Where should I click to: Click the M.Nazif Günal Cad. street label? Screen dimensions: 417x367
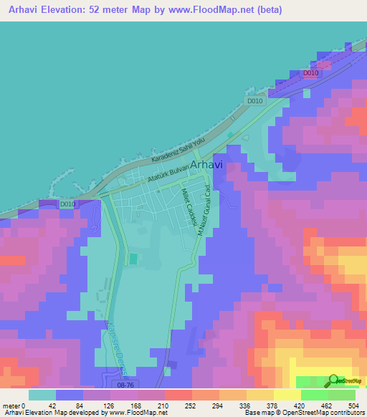click(202, 203)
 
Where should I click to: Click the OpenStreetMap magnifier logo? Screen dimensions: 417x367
click(334, 380)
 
